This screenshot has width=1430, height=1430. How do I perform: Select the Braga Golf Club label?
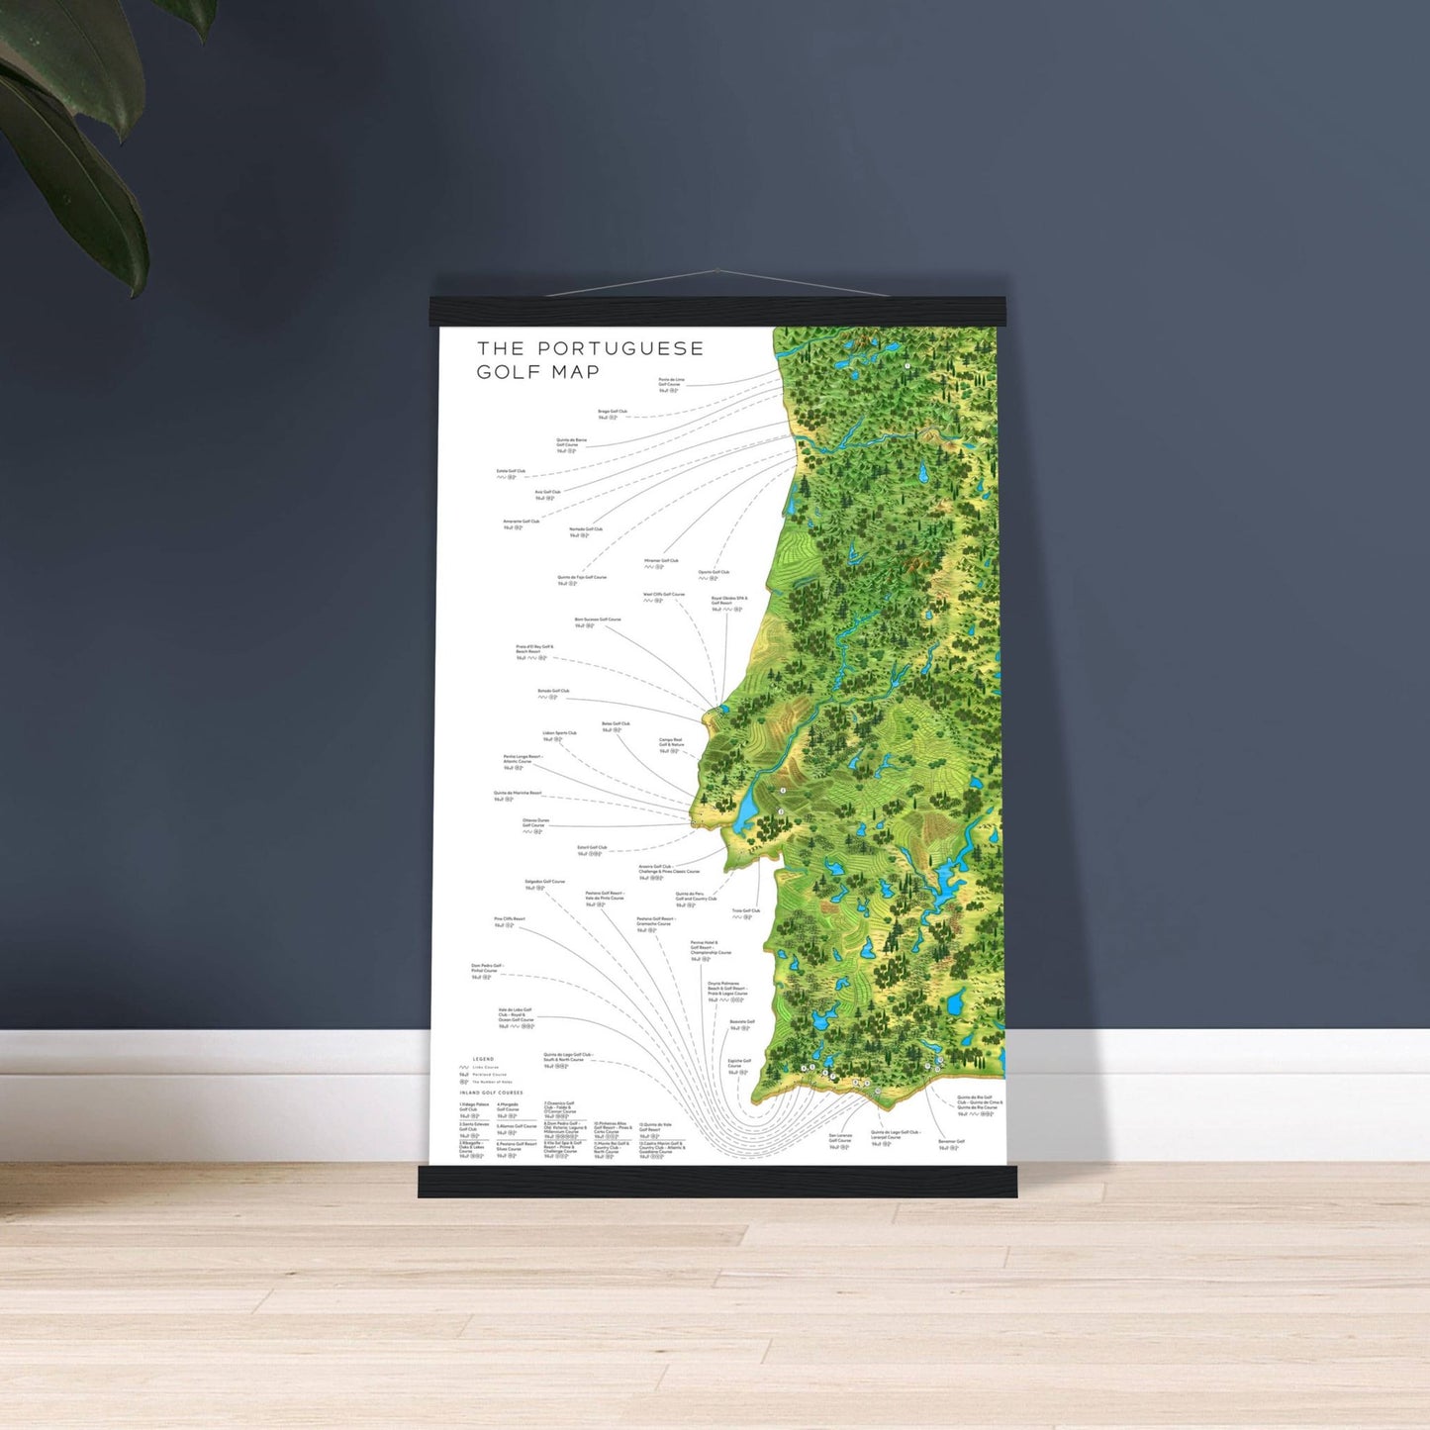click(612, 412)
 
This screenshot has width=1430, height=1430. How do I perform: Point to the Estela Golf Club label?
click(511, 472)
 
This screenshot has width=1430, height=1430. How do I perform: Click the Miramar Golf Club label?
click(661, 561)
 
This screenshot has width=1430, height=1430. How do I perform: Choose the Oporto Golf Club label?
click(714, 573)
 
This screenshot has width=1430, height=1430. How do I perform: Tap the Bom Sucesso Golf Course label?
click(597, 620)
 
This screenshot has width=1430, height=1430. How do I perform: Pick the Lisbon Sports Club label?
click(559, 734)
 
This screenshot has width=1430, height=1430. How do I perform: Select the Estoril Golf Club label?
click(592, 848)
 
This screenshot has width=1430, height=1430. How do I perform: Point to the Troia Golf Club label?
click(746, 911)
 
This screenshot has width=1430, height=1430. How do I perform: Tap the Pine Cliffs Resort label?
click(510, 919)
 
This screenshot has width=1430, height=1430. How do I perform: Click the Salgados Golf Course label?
click(544, 882)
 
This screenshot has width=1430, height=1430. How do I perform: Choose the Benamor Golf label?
click(951, 1142)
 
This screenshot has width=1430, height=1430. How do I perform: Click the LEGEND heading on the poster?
click(483, 1059)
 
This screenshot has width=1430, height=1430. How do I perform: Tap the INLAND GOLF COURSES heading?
click(491, 1093)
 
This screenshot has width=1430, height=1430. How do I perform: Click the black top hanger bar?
click(716, 312)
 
